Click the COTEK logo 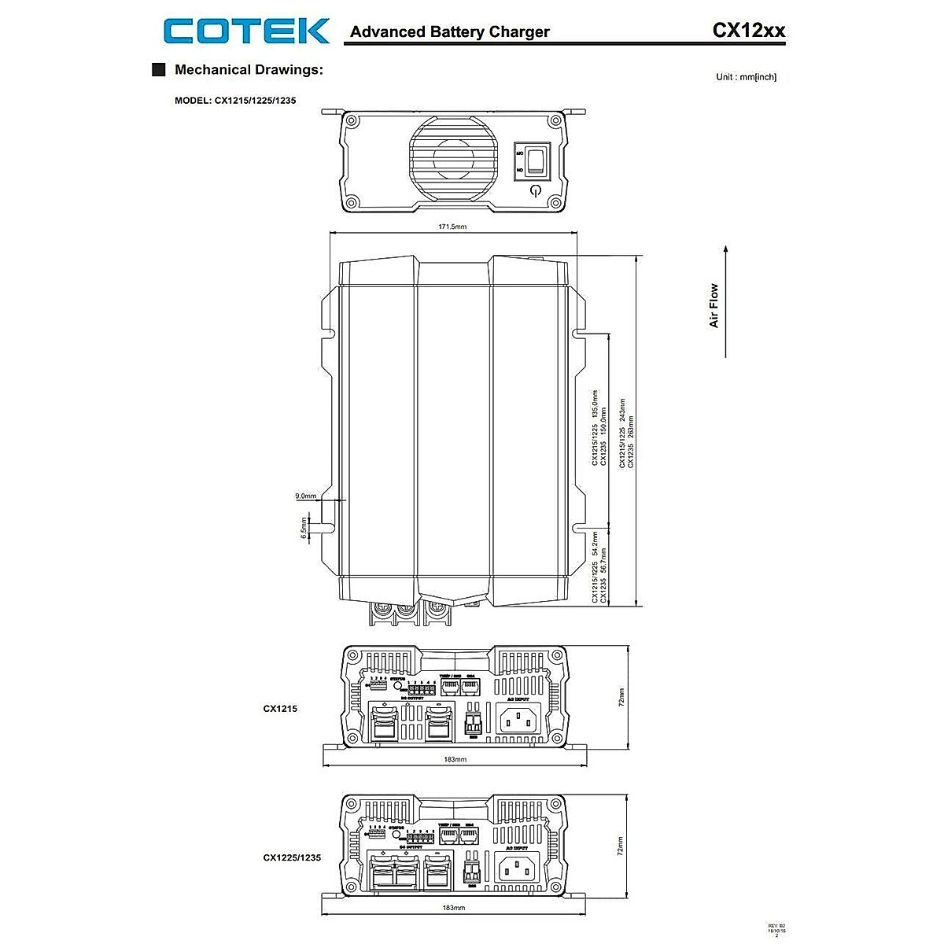tap(246, 31)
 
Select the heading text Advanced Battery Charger tap(449, 32)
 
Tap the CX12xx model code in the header tap(748, 31)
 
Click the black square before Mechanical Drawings tap(158, 69)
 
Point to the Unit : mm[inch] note tap(746, 77)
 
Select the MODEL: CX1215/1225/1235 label tap(235, 101)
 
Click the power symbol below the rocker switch tap(536, 191)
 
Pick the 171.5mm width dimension tap(452, 227)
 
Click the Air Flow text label tap(714, 305)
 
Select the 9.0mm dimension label tap(305, 496)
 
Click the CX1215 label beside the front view tap(280, 709)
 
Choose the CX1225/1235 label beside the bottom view tap(292, 857)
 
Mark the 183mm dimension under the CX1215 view tap(455, 760)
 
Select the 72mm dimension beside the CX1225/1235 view tap(621, 846)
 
